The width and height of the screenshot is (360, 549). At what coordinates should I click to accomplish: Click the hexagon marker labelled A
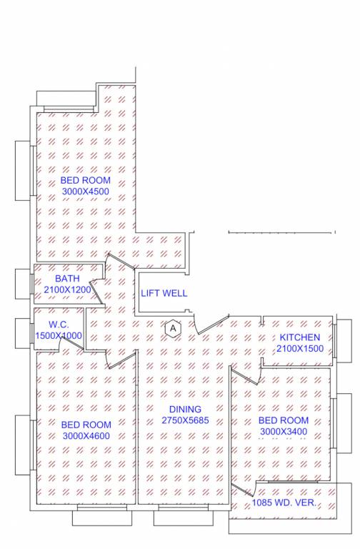[x=171, y=328]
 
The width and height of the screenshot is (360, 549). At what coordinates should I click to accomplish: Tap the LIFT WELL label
[x=164, y=293]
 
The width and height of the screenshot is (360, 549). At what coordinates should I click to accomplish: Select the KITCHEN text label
[x=300, y=337]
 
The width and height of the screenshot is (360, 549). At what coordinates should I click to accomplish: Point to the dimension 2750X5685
[x=185, y=421]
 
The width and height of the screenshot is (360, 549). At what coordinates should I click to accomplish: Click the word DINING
[x=185, y=409]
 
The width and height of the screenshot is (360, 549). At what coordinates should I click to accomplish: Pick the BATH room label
[x=67, y=279]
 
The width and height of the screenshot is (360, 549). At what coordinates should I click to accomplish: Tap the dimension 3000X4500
[x=86, y=192]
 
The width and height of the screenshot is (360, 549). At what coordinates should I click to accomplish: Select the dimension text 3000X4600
[x=86, y=436]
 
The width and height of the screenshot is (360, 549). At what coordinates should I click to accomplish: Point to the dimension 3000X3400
[x=284, y=432]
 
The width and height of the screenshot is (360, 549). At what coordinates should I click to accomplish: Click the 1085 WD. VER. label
[x=284, y=504]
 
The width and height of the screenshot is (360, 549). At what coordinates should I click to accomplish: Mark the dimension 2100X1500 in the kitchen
[x=300, y=349]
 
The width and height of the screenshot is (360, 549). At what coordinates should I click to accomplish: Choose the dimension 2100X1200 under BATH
[x=67, y=290]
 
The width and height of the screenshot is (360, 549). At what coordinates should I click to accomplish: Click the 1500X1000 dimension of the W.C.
[x=58, y=335]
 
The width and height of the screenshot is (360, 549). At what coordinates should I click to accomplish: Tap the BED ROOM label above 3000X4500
[x=86, y=180]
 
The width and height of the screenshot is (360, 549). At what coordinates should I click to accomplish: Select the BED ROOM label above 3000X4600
[x=86, y=425]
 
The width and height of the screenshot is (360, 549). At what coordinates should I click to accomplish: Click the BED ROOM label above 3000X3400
[x=284, y=420]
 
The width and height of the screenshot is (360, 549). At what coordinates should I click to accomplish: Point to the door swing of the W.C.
[x=71, y=344]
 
